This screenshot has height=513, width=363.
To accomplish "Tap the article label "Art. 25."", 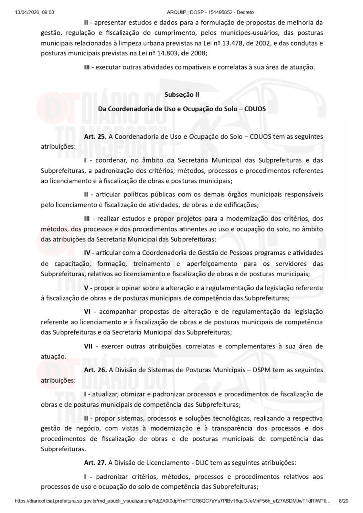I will click(x=95, y=136).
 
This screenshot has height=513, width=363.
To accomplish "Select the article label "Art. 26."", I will click(x=95, y=370).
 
